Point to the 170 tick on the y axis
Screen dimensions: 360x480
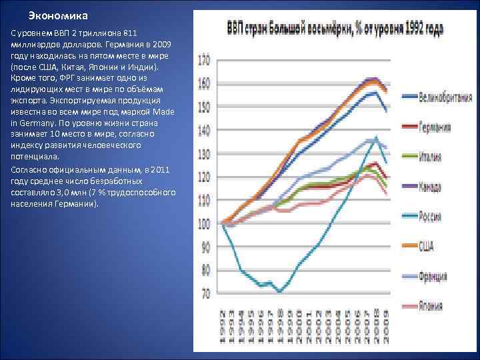(x=203, y=60)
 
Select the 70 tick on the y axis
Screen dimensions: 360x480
(x=205, y=293)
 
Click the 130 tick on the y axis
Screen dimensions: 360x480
(x=203, y=153)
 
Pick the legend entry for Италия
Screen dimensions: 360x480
(x=433, y=157)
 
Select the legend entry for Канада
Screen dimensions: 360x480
(x=433, y=187)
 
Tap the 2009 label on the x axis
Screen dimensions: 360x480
(x=387, y=326)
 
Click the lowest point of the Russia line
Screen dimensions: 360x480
(x=279, y=292)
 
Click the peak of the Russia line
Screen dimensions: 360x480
(x=377, y=137)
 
